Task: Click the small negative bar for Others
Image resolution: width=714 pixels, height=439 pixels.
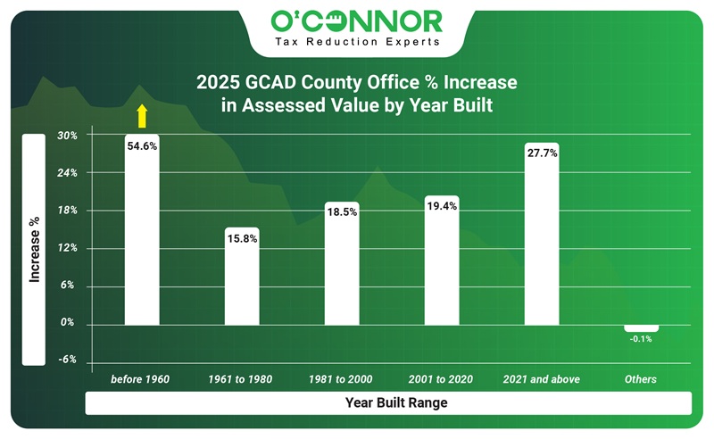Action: pyautogui.click(x=641, y=327)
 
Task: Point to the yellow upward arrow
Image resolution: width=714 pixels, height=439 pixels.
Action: pyautogui.click(x=140, y=115)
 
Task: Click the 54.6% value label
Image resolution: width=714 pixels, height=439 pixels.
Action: pyautogui.click(x=142, y=145)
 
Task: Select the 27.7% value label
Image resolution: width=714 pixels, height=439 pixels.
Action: pyautogui.click(x=542, y=153)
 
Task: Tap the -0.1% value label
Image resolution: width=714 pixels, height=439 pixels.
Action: pyautogui.click(x=641, y=340)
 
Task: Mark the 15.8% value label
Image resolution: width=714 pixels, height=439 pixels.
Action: pyautogui.click(x=242, y=238)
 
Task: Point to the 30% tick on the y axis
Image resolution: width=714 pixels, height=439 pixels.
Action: pyautogui.click(x=68, y=136)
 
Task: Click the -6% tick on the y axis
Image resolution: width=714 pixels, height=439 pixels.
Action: pyautogui.click(x=68, y=360)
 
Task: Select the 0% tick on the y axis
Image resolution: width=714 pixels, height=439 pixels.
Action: pyautogui.click(x=68, y=323)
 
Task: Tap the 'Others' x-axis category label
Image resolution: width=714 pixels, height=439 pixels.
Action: pyautogui.click(x=641, y=379)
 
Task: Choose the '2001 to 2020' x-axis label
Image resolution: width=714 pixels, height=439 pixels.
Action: pyautogui.click(x=442, y=379)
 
